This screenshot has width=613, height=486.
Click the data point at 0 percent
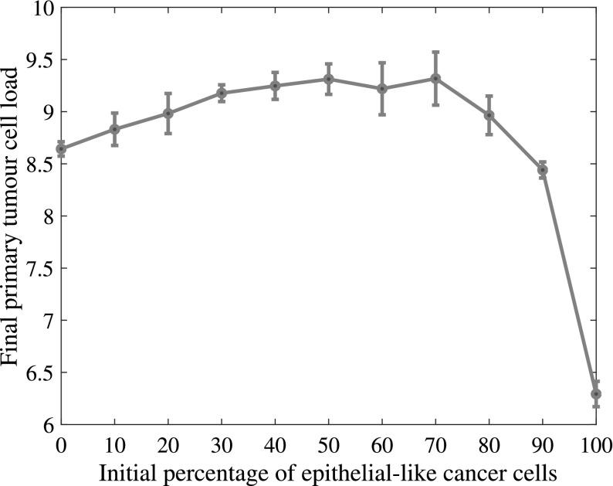[x=62, y=148]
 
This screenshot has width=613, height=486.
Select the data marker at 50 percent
[x=328, y=79]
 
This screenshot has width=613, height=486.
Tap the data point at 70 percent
[x=435, y=78]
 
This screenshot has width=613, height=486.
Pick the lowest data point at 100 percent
[x=596, y=393]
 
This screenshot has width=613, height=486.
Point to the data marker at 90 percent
[x=543, y=169]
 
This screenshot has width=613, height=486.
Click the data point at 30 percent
[x=222, y=93]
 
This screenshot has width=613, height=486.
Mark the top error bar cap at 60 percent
[x=381, y=63]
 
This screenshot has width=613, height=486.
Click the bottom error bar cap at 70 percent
[x=435, y=104]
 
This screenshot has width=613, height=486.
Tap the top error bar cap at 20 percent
[x=168, y=93]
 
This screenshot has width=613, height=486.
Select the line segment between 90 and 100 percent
[x=569, y=281]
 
